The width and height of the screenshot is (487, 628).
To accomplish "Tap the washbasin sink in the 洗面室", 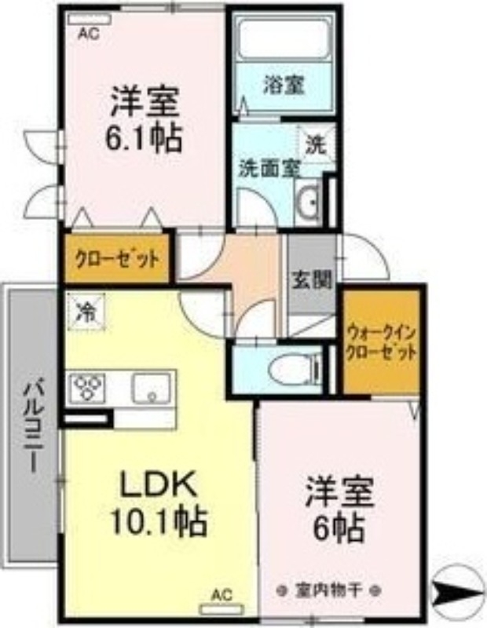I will coord(309,203).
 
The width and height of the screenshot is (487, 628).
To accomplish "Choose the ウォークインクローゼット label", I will coord(381,343).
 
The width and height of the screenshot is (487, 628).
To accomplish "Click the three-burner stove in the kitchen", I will coord(87,387).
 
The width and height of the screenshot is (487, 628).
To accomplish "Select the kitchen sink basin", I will coord(152,387).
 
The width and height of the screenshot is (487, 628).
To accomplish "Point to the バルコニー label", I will coord(32,424).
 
